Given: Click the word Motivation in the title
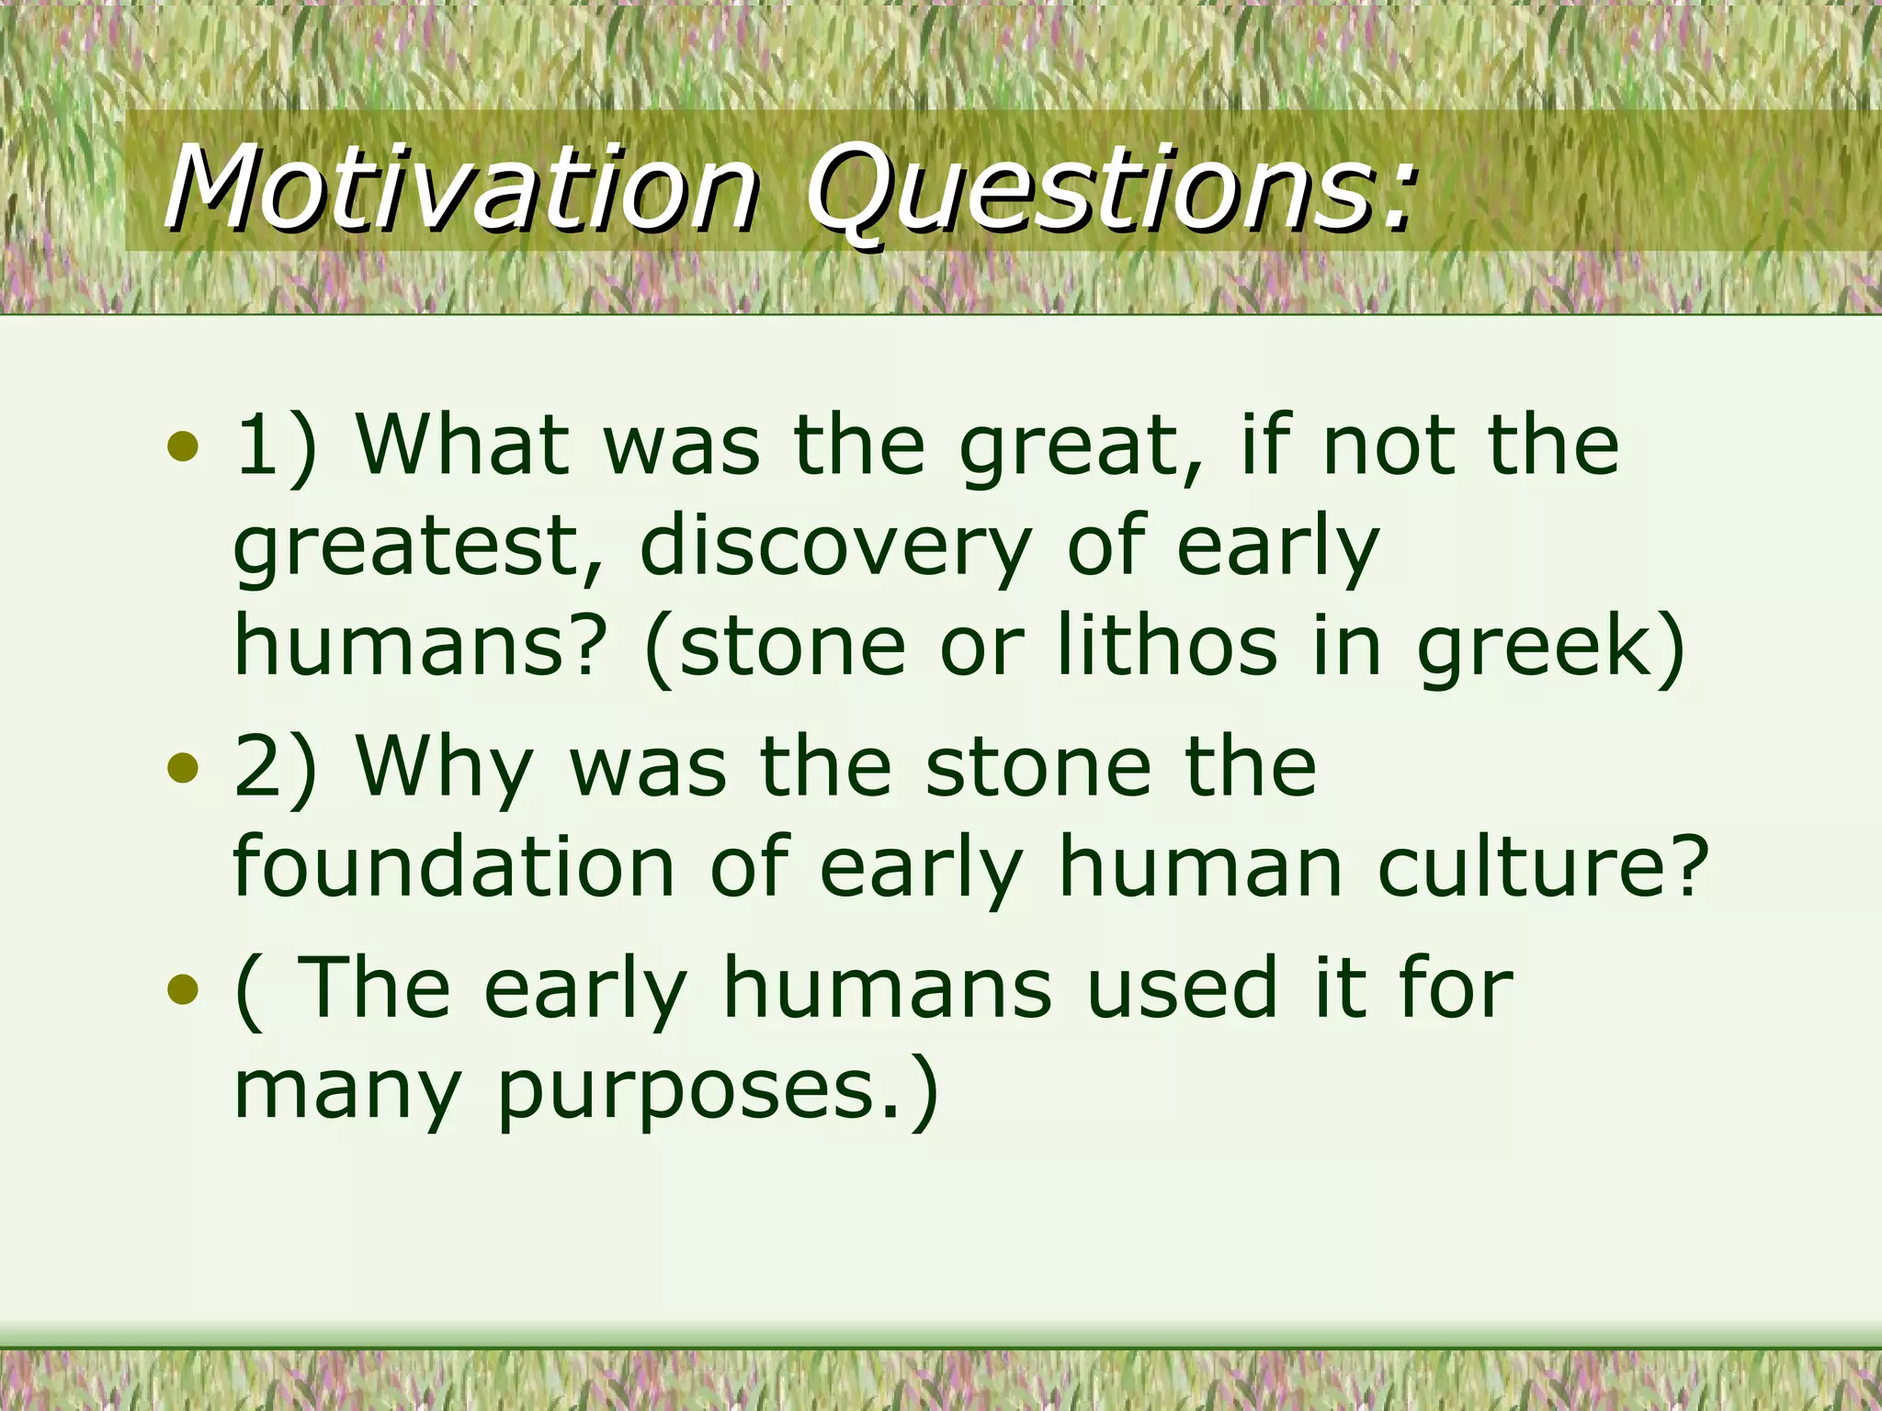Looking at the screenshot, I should [459, 188].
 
